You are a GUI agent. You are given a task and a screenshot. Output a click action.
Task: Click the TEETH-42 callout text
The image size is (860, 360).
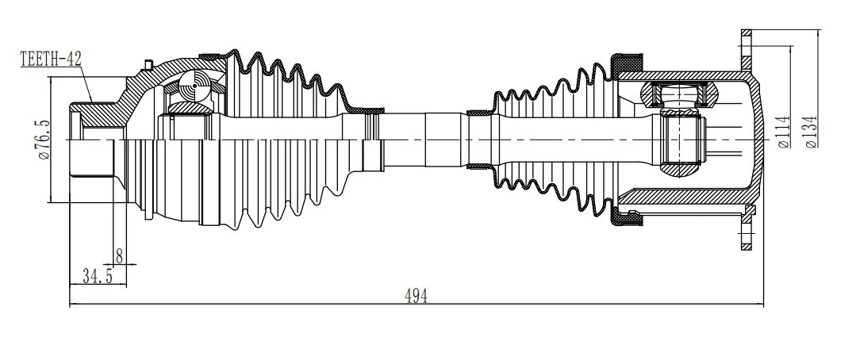pyautogui.click(x=51, y=59)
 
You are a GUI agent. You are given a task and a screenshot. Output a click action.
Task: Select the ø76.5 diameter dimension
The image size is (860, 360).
pyautogui.click(x=43, y=140)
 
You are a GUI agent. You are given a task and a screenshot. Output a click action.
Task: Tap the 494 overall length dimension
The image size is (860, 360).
pyautogui.click(x=416, y=296)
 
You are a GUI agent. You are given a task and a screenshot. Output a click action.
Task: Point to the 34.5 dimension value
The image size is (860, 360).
pyautogui.click(x=98, y=276)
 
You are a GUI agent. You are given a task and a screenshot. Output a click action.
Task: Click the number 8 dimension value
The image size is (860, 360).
pyautogui.click(x=119, y=255)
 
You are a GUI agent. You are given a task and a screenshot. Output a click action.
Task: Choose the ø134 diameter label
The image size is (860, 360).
pyautogui.click(x=811, y=132)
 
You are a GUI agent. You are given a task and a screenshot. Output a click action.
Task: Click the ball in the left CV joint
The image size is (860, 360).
pyautogui.click(x=194, y=86)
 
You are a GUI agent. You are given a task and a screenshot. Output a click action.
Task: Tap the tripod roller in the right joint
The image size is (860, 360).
pyautogui.click(x=680, y=94)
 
